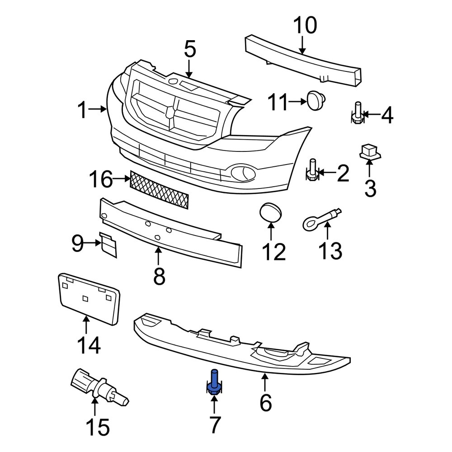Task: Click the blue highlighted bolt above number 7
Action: [214, 382]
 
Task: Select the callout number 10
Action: [305, 26]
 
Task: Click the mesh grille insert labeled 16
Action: [159, 189]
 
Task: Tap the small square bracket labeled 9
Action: [108, 244]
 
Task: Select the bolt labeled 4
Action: [357, 113]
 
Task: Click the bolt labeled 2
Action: [312, 170]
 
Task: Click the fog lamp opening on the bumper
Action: [242, 172]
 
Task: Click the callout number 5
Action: [190, 50]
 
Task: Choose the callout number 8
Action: [159, 276]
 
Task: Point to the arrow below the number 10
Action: [302, 45]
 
